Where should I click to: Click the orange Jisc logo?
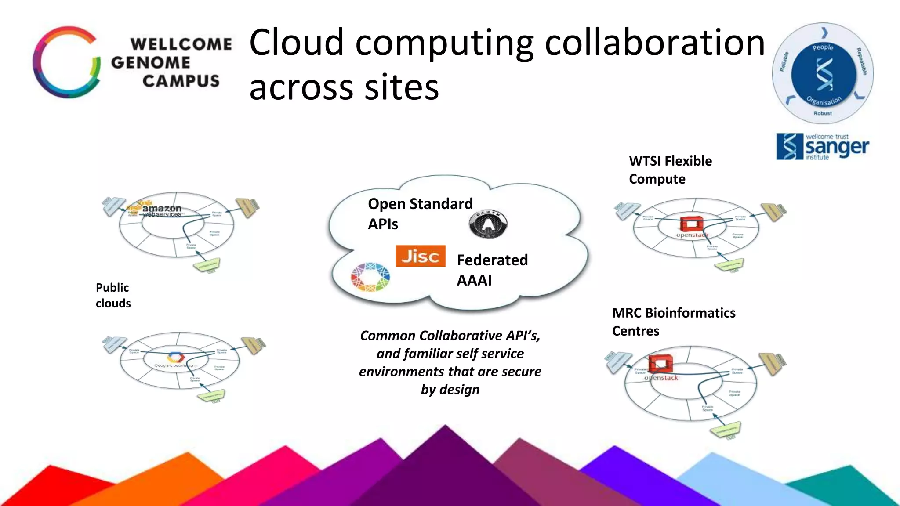coord(420,256)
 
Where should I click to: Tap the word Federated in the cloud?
coord(492,260)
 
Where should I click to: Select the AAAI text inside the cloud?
coord(474,280)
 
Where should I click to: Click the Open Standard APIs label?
coord(420,213)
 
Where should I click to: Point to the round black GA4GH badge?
coord(488,224)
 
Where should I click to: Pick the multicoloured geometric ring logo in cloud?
coord(370,277)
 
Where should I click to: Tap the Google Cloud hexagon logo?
coord(176,357)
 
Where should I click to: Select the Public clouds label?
coord(113,295)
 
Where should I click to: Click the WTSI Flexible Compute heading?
coord(670,170)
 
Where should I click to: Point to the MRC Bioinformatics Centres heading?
coord(673,322)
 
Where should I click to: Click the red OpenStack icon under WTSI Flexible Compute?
coord(691,224)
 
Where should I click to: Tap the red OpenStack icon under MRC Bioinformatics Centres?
coord(660,364)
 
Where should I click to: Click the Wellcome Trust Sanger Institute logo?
coord(822,147)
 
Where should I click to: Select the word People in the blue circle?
coord(823,47)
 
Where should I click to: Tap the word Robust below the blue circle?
coord(822,113)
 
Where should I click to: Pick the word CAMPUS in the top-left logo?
coord(181,81)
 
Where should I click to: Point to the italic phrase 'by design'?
coord(450,390)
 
